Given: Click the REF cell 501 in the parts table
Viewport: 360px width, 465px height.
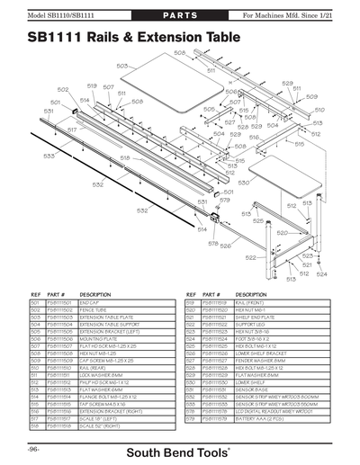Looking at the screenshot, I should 37,303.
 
